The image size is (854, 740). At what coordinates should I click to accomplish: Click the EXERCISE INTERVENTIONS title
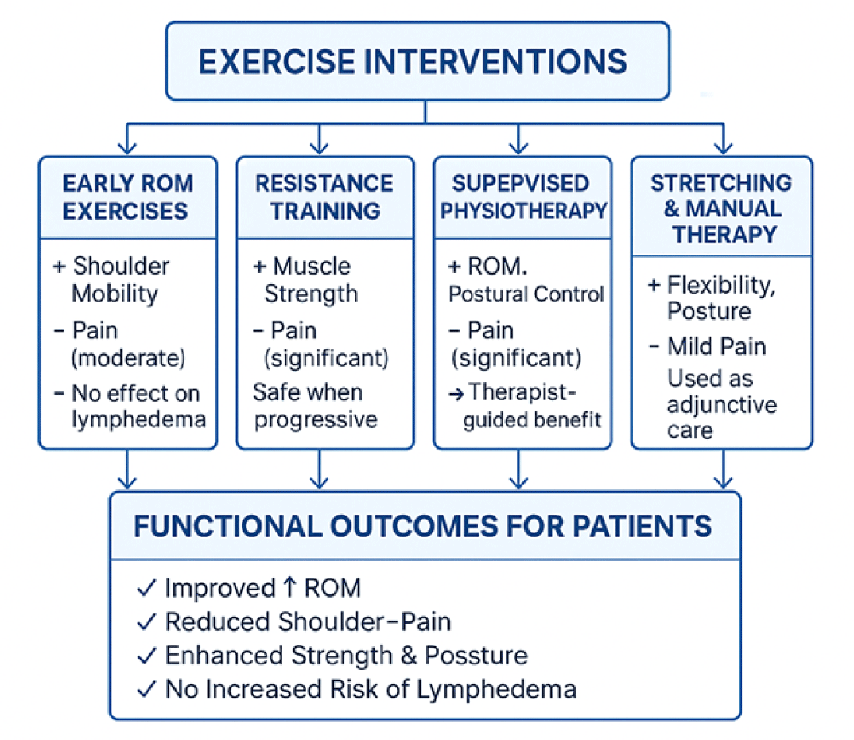click(413, 62)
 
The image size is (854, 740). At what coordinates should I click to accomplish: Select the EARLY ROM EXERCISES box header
click(127, 197)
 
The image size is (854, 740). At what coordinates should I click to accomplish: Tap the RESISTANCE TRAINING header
click(324, 197)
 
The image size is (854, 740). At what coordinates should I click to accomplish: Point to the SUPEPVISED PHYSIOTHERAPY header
click(522, 197)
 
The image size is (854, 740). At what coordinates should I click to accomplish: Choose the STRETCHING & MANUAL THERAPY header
click(721, 208)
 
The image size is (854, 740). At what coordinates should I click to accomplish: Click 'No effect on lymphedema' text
click(135, 406)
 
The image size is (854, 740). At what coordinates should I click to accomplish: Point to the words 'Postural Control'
click(526, 294)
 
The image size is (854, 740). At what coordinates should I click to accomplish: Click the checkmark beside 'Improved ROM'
click(146, 588)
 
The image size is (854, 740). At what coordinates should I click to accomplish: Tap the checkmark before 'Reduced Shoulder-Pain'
click(146, 621)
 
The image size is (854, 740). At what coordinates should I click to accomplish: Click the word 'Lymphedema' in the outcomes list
click(508, 688)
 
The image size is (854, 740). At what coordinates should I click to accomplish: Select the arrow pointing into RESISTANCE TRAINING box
click(319, 143)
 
